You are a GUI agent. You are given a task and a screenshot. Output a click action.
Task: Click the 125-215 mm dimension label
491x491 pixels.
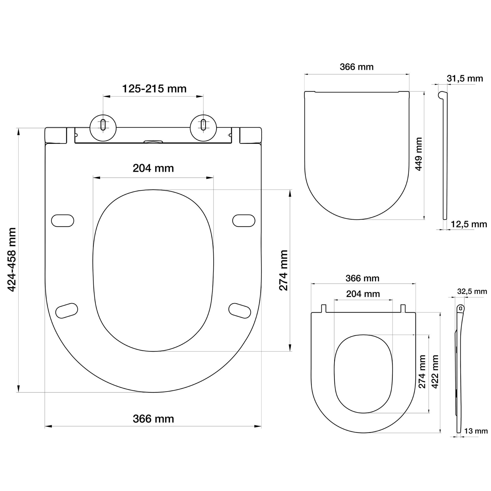(154, 89)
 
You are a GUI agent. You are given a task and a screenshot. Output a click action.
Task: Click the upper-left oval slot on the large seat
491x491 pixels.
(63, 220)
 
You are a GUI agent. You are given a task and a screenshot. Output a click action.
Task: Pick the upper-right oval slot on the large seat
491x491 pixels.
(244, 220)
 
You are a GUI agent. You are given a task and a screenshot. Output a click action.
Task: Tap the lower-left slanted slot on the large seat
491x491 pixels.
(66, 310)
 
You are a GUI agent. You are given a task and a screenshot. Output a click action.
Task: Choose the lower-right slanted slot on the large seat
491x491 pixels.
(240, 310)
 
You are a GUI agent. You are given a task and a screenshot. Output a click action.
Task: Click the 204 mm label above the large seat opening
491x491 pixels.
(153, 168)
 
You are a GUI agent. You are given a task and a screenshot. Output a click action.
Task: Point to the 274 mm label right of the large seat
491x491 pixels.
(283, 270)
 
